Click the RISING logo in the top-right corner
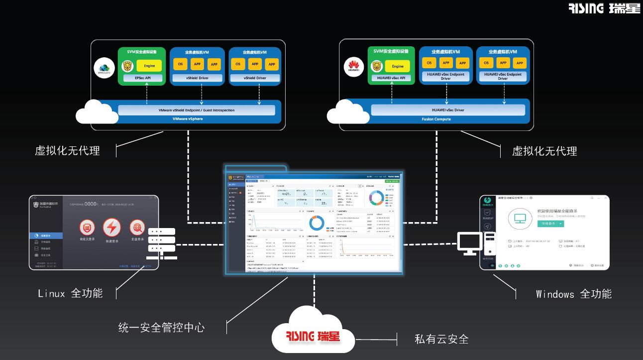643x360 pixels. (x=604, y=8)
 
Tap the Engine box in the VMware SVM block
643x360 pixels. (x=149, y=66)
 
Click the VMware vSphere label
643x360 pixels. (x=188, y=119)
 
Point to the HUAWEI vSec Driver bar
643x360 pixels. (x=448, y=110)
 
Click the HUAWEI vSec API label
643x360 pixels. (x=391, y=78)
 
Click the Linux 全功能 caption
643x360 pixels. (x=70, y=293)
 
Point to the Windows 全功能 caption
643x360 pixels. (x=573, y=294)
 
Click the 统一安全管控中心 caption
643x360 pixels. (x=161, y=327)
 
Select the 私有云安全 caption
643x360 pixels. (x=441, y=339)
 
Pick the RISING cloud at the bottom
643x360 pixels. (x=314, y=334)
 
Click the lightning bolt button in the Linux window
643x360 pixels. (x=111, y=228)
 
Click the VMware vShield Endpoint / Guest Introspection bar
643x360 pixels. (x=196, y=110)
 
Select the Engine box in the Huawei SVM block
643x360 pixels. (x=398, y=66)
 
